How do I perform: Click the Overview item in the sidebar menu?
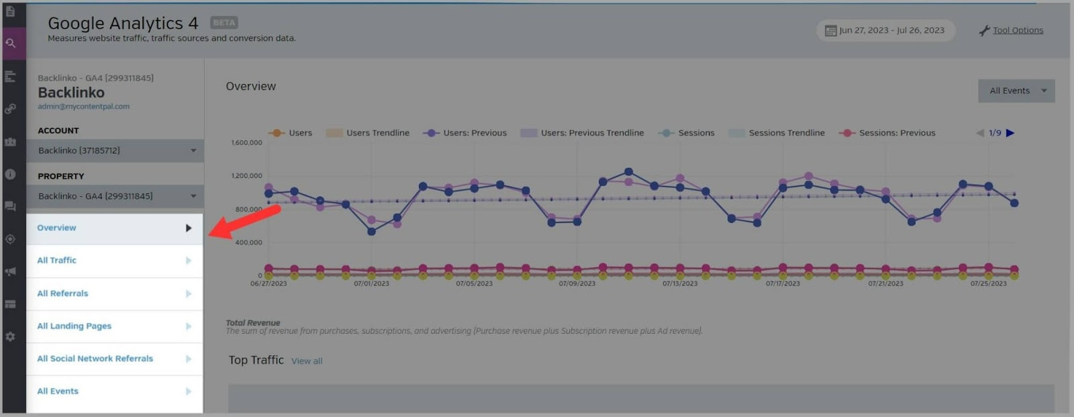coord(57,228)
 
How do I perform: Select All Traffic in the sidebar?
coord(57,261)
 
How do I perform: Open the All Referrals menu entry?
coord(62,293)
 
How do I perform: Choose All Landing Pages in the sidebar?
coord(74,326)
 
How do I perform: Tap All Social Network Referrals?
coord(95,359)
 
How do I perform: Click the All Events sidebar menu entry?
coord(58,391)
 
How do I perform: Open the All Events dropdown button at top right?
coord(1016,91)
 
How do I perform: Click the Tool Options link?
coord(1018,30)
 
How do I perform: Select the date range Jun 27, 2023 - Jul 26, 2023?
coord(885,30)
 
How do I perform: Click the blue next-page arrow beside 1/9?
coord(1010,133)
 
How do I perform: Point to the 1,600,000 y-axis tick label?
coord(246,143)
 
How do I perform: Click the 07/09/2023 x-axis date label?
coord(577,283)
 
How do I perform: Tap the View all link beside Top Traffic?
coord(307,361)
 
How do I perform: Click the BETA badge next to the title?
coord(224,23)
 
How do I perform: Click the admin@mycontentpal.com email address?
coord(83,107)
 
